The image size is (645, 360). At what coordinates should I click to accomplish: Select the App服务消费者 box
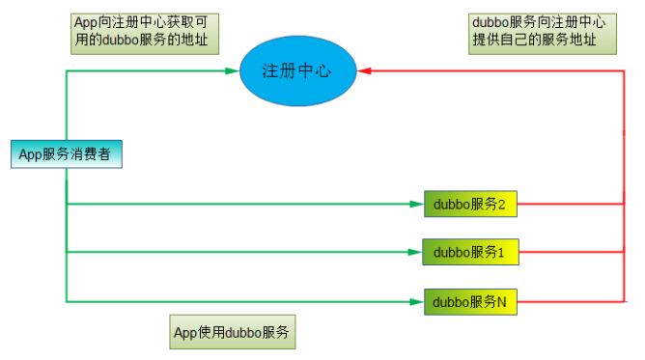click(66, 154)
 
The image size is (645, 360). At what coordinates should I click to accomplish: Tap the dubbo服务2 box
click(470, 204)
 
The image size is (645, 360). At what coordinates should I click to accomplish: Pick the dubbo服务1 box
click(470, 252)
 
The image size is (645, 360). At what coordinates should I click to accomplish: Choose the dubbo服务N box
click(470, 302)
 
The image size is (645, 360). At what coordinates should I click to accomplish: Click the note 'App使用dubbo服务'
click(233, 333)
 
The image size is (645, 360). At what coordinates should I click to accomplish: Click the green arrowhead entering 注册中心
click(233, 70)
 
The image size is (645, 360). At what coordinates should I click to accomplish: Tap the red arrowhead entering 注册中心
click(365, 70)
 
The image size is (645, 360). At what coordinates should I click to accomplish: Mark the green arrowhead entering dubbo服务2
click(417, 204)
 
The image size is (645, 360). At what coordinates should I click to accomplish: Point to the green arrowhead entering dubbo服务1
click(417, 253)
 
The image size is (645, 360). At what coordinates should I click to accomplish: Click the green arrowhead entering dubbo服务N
click(417, 302)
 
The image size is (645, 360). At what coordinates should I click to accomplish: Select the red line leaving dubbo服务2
click(570, 204)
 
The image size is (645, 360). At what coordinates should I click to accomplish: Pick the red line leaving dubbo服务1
click(570, 253)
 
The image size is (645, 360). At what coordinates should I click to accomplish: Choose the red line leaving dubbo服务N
click(570, 302)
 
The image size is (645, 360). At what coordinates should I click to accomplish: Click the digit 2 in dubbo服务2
click(502, 204)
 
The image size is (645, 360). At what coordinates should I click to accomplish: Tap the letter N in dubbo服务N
click(502, 302)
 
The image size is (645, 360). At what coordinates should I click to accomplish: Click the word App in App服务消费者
click(31, 154)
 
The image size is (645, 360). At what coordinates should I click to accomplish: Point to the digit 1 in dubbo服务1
click(502, 253)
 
